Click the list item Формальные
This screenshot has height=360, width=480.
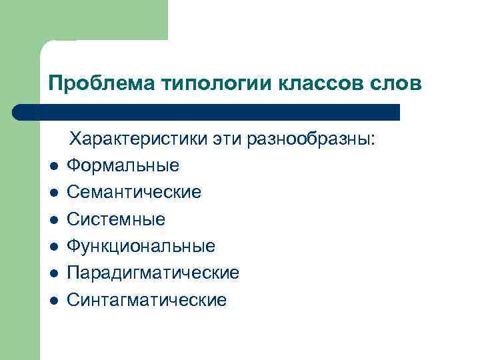[x=123, y=165]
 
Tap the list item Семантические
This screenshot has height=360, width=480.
[x=134, y=193]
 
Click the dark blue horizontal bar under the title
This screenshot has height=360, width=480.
[x=207, y=112]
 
